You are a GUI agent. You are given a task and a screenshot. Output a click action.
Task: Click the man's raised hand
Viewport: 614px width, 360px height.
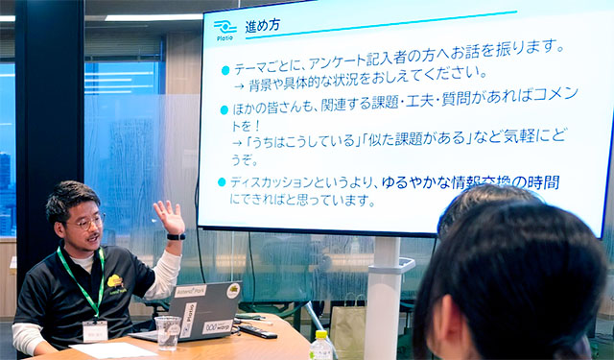tap(169, 217)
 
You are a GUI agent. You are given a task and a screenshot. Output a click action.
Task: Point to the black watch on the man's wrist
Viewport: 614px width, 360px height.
tap(176, 236)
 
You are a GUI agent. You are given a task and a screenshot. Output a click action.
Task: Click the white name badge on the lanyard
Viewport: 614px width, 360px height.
tap(95, 330)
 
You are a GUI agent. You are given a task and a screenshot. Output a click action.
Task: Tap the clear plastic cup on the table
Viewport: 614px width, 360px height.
tap(169, 331)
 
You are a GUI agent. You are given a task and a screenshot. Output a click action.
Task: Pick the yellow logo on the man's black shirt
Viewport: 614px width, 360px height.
tap(116, 281)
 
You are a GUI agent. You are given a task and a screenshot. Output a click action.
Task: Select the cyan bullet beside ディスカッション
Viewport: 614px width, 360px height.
tap(222, 182)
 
